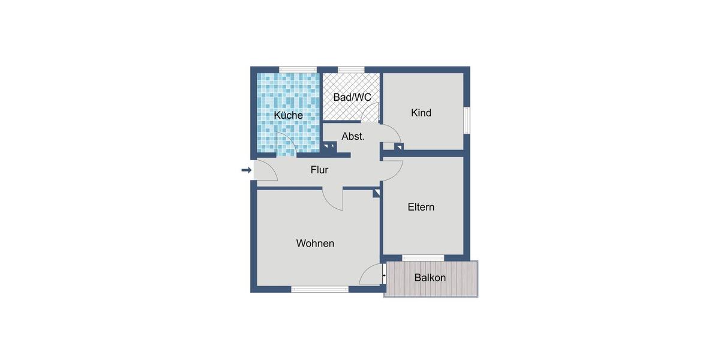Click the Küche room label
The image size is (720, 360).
[289, 115]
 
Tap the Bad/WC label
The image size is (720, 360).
[352, 97]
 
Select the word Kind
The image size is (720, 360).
[421, 113]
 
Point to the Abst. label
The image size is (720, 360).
[353, 137]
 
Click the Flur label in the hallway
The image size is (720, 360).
[319, 170]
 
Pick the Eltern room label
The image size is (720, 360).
[421, 207]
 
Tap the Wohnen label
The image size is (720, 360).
[315, 244]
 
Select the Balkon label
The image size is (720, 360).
[430, 278]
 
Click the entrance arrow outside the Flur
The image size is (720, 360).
[246, 170]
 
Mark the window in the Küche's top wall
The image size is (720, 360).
[298, 69]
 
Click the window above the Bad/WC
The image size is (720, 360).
[347, 69]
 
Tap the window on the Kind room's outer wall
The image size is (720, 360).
[467, 122]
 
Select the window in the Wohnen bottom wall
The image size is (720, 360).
[320, 289]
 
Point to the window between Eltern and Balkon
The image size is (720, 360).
[423, 258]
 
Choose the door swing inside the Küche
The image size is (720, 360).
[286, 145]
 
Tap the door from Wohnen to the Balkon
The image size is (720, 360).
[371, 275]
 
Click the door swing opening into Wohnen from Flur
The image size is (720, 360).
[332, 199]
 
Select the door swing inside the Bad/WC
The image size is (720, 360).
[371, 112]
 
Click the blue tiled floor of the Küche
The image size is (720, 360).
[279, 90]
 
